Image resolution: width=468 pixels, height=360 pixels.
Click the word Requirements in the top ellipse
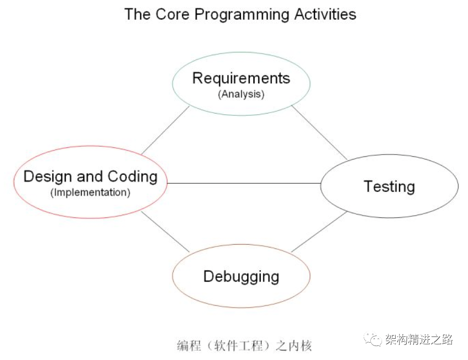241,78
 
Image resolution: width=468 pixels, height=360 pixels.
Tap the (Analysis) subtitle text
241,94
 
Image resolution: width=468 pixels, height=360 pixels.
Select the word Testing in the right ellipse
389,187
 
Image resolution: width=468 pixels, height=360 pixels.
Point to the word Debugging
241,276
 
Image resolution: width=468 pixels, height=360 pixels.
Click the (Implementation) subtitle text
90,192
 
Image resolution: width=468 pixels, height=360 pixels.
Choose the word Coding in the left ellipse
133,177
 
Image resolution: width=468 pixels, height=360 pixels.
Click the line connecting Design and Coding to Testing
243,183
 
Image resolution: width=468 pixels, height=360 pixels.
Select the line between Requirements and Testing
319,133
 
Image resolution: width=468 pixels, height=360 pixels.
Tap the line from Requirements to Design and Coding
165,130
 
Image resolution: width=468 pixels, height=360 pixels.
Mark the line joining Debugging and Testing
319,232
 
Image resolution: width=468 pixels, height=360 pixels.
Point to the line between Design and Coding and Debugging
165,232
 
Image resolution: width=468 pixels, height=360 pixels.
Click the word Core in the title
172,14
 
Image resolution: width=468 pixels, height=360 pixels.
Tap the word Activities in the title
325,14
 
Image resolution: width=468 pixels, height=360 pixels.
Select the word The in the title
138,14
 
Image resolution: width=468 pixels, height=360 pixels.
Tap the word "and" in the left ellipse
90,177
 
